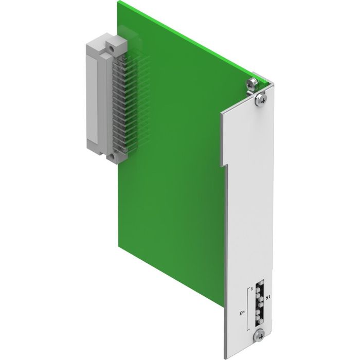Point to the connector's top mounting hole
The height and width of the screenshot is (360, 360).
[111, 47]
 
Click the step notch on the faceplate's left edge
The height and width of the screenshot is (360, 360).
[224, 166]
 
